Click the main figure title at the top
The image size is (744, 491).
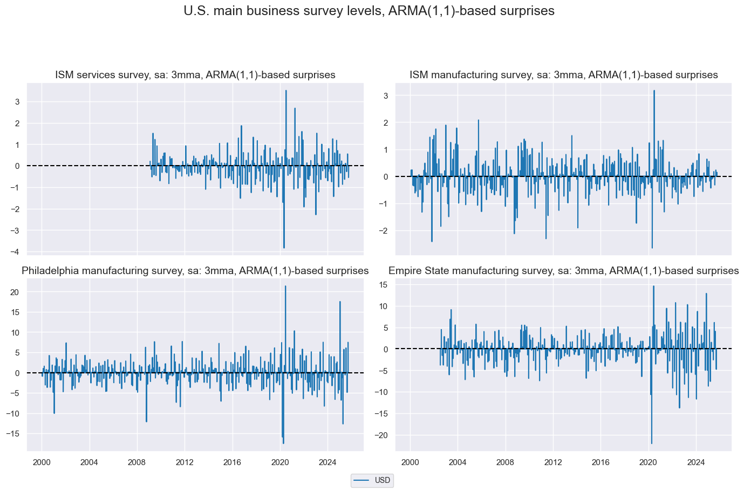click(369, 11)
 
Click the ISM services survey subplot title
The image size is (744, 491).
click(195, 75)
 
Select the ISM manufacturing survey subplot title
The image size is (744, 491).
click(564, 75)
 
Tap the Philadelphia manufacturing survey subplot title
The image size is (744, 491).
click(195, 271)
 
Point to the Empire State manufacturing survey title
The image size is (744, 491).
click(564, 271)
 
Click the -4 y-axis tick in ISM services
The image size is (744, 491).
click(17, 252)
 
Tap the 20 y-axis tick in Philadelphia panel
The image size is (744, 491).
click(15, 292)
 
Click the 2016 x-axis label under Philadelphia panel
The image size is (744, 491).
click(232, 462)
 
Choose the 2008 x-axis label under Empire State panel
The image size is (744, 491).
click(505, 462)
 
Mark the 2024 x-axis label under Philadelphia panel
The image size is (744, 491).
click(327, 462)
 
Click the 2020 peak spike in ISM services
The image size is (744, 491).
click(286, 91)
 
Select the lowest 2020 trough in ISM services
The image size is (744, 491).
click(284, 248)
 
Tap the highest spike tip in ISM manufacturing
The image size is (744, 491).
click(654, 91)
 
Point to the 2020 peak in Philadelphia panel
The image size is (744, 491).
click(285, 286)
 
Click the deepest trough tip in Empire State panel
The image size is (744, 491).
click(652, 444)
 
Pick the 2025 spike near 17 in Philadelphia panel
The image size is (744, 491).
click(340, 302)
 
